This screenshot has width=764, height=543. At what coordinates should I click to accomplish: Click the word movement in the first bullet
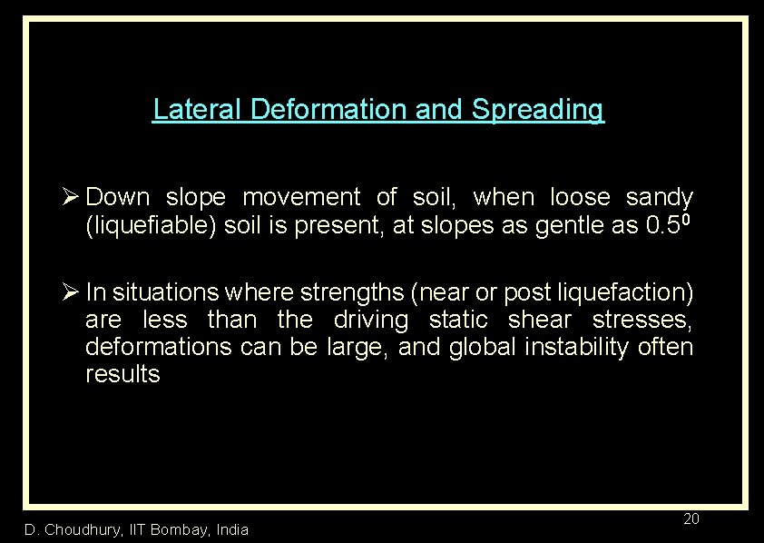(x=300, y=197)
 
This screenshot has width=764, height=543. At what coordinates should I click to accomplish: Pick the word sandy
(x=660, y=197)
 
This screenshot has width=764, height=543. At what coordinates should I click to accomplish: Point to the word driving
(x=370, y=320)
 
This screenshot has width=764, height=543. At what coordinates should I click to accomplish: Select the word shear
(x=541, y=320)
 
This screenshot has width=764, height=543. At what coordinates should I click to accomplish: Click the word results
(x=122, y=374)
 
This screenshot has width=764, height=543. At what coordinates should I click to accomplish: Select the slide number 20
(x=691, y=519)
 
